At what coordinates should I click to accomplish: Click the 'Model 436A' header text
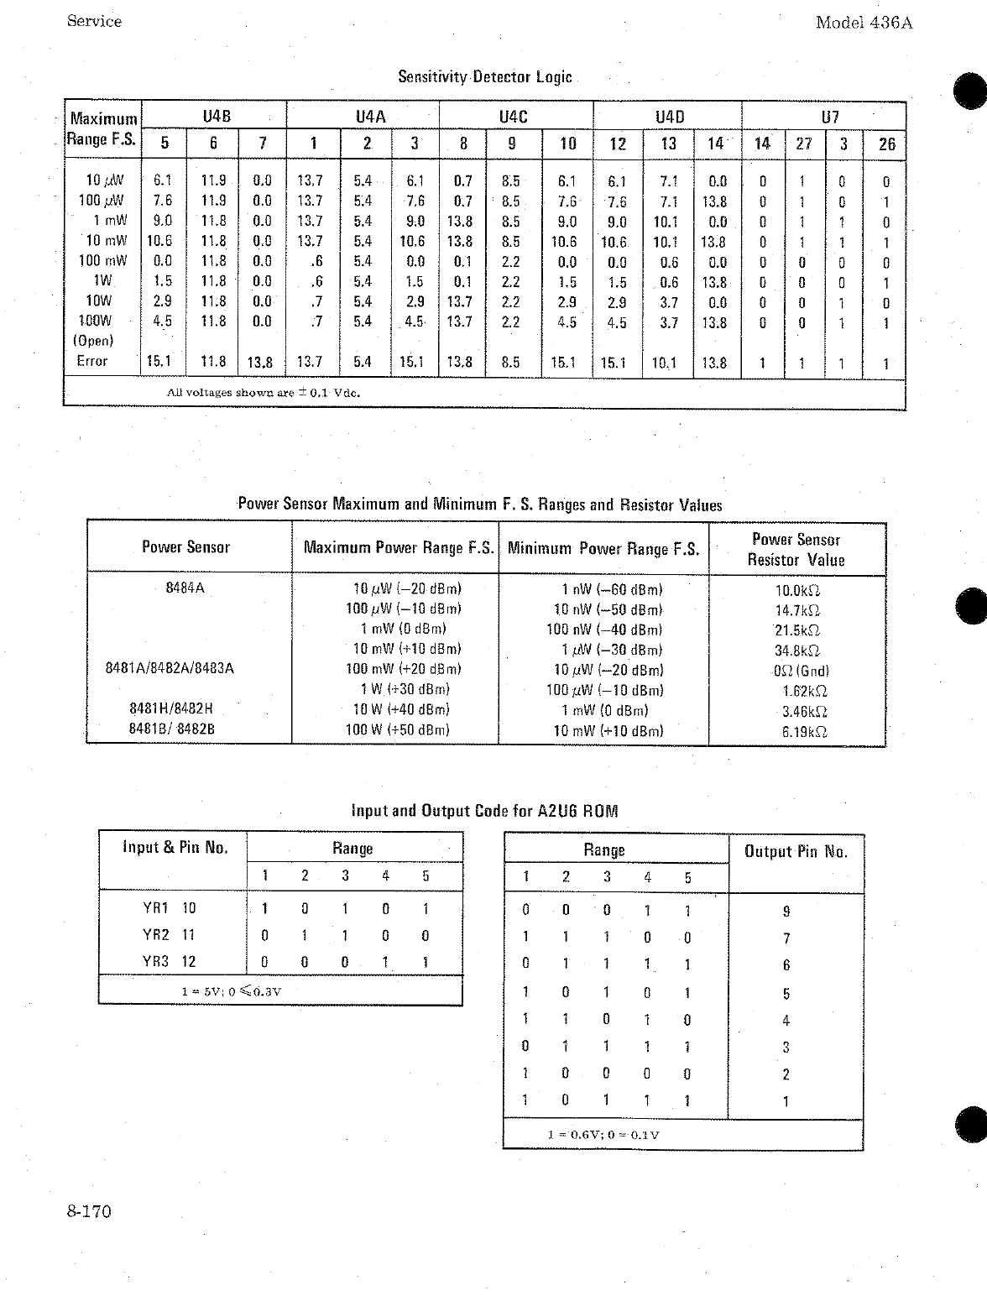click(x=863, y=23)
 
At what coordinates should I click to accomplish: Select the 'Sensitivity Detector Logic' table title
click(x=484, y=77)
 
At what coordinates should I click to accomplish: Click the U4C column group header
click(x=513, y=117)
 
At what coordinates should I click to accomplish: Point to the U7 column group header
click(x=829, y=117)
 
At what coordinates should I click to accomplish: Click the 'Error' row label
click(x=92, y=361)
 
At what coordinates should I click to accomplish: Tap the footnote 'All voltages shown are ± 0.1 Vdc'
click(x=264, y=393)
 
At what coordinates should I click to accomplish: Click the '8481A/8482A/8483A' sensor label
click(x=170, y=669)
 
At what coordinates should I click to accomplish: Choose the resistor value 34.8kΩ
click(x=796, y=651)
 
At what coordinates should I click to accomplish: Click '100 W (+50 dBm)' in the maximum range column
click(x=397, y=730)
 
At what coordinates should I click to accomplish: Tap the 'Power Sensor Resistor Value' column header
click(x=796, y=550)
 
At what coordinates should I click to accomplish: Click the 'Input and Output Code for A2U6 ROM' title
click(x=484, y=811)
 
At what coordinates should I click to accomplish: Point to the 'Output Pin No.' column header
click(x=796, y=852)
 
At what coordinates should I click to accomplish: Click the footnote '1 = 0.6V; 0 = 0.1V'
click(x=603, y=1135)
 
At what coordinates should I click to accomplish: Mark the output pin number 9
click(x=786, y=912)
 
